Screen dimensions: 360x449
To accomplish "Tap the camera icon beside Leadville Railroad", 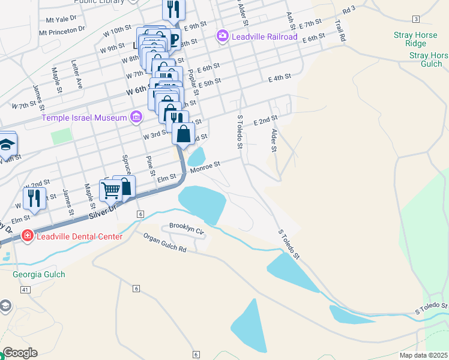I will click(x=223, y=37).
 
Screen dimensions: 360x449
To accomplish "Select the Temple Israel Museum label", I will click(x=84, y=117).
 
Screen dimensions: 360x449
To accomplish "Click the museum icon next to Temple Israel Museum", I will click(x=136, y=116).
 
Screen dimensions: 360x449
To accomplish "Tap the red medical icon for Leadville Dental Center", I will click(x=27, y=236).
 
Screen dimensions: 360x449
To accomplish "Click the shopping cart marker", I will click(x=110, y=190).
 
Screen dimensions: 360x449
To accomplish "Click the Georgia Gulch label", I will click(x=38, y=274).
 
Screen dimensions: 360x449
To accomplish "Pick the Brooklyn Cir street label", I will click(x=187, y=227).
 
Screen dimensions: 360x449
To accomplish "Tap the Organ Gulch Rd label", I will click(x=164, y=242).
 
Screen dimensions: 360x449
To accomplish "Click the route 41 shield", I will click(x=25, y=290).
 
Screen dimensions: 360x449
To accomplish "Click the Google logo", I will click(x=20, y=353).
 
